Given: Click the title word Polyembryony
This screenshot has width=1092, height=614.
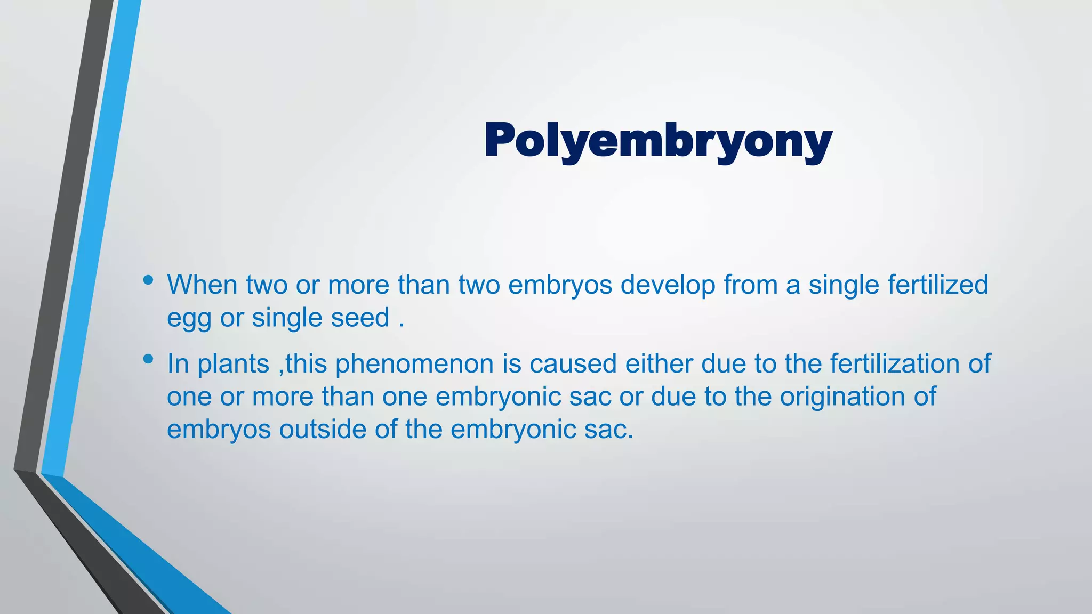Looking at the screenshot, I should coord(658,141).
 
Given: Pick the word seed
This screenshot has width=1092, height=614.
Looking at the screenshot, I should coord(360,318).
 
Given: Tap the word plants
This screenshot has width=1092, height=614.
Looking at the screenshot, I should coord(234,365).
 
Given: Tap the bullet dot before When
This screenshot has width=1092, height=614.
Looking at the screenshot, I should coord(148,280).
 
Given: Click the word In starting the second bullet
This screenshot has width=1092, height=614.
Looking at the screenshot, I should coord(178,364).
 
